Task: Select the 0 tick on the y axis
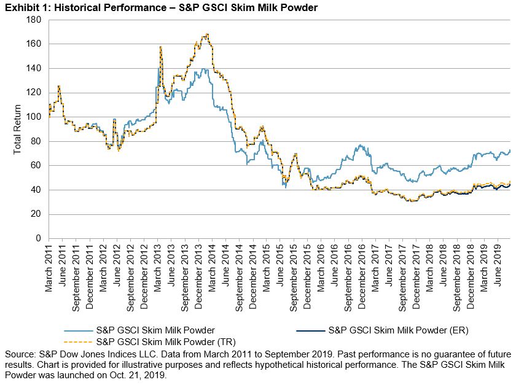click(37, 238)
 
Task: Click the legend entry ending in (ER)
click(398, 330)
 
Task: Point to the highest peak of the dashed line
click(207, 34)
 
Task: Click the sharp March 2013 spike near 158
click(160, 47)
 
